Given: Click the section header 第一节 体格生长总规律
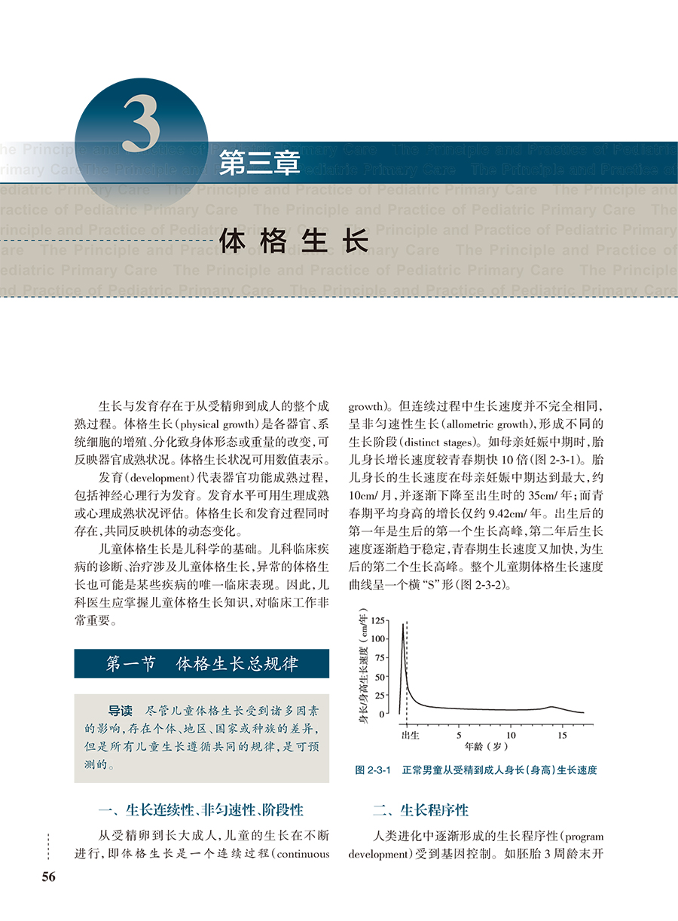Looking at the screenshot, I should (x=201, y=664).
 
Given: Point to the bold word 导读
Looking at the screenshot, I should (x=121, y=711).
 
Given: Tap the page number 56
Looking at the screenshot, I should (x=49, y=876).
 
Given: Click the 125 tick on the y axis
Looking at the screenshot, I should (x=378, y=620).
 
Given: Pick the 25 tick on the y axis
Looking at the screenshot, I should (x=380, y=695).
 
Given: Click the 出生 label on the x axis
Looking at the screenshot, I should (x=410, y=734).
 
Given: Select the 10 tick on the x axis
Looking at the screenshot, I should (x=511, y=735).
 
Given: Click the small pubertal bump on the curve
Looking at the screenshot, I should (x=551, y=707).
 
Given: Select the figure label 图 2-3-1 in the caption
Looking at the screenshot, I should (x=374, y=770).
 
